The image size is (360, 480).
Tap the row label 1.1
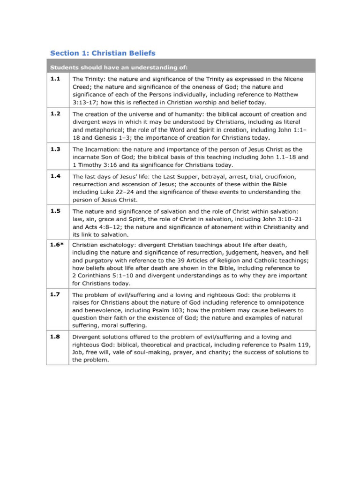pos(55,79)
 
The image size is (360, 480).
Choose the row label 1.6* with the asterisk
pos(57,244)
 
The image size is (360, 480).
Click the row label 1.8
pos(55,336)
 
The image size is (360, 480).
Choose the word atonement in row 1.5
pos(223,227)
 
